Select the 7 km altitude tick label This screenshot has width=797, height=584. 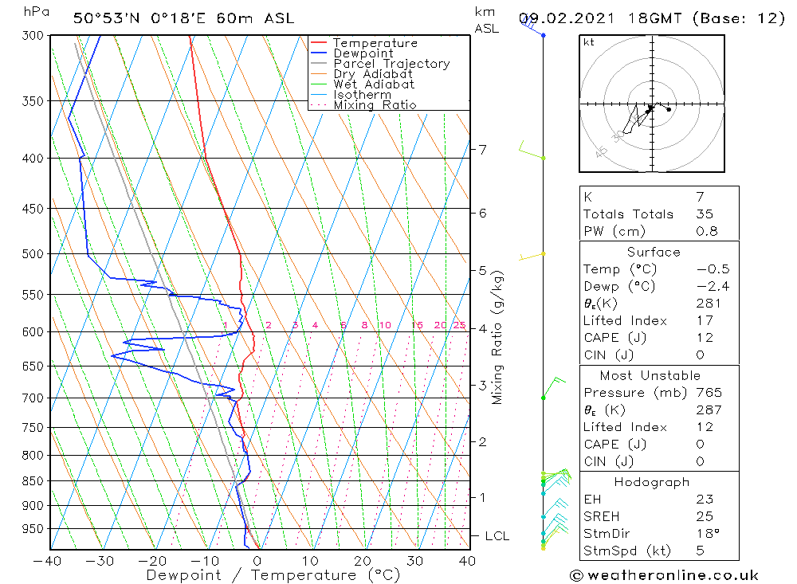483,149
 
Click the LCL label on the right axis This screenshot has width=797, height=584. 496,536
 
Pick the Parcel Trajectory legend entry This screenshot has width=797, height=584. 391,64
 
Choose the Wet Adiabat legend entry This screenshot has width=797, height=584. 374,84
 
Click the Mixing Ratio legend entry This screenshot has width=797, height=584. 375,104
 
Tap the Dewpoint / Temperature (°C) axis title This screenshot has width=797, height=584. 273,575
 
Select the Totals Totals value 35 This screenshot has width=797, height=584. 705,214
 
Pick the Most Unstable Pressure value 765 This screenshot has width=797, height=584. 709,393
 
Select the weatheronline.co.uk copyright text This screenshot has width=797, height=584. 664,575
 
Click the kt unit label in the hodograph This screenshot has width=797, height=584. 589,42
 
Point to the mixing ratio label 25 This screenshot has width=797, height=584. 459,325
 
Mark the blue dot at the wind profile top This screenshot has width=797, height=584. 544,35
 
